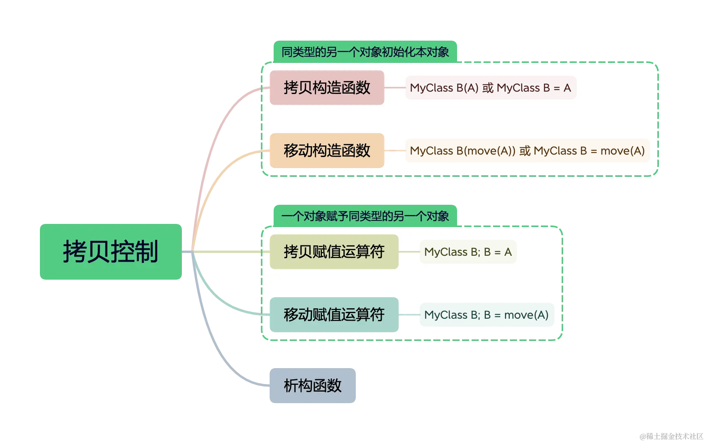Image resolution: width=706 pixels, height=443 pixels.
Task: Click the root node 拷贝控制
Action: [110, 252]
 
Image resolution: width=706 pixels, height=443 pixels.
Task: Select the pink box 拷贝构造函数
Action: [327, 88]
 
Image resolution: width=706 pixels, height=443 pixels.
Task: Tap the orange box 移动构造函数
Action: [327, 151]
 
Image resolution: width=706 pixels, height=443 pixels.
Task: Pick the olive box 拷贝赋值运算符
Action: [334, 252]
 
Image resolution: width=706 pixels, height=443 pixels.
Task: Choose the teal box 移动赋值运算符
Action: [334, 315]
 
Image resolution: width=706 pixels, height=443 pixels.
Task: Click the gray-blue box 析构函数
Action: [312, 386]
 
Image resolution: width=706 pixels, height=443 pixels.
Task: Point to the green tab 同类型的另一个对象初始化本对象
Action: [365, 52]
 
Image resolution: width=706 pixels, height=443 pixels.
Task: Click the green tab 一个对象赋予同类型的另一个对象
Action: [365, 216]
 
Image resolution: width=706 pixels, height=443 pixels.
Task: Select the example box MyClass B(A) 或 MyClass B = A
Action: [490, 88]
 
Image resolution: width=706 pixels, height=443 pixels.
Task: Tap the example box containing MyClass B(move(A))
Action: [527, 151]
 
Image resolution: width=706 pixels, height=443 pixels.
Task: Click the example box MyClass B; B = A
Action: [467, 252]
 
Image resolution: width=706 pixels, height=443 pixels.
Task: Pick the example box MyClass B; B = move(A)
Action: [486, 315]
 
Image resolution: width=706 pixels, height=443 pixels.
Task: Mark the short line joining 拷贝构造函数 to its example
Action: [394, 88]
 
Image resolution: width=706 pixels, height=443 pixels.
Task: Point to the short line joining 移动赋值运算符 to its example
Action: [409, 315]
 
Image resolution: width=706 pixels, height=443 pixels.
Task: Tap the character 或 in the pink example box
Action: [487, 88]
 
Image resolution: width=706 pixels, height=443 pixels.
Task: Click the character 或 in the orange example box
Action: [525, 151]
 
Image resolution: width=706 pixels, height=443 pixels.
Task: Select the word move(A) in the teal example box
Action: [526, 315]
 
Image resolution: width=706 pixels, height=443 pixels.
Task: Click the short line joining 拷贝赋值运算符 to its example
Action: [409, 252]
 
